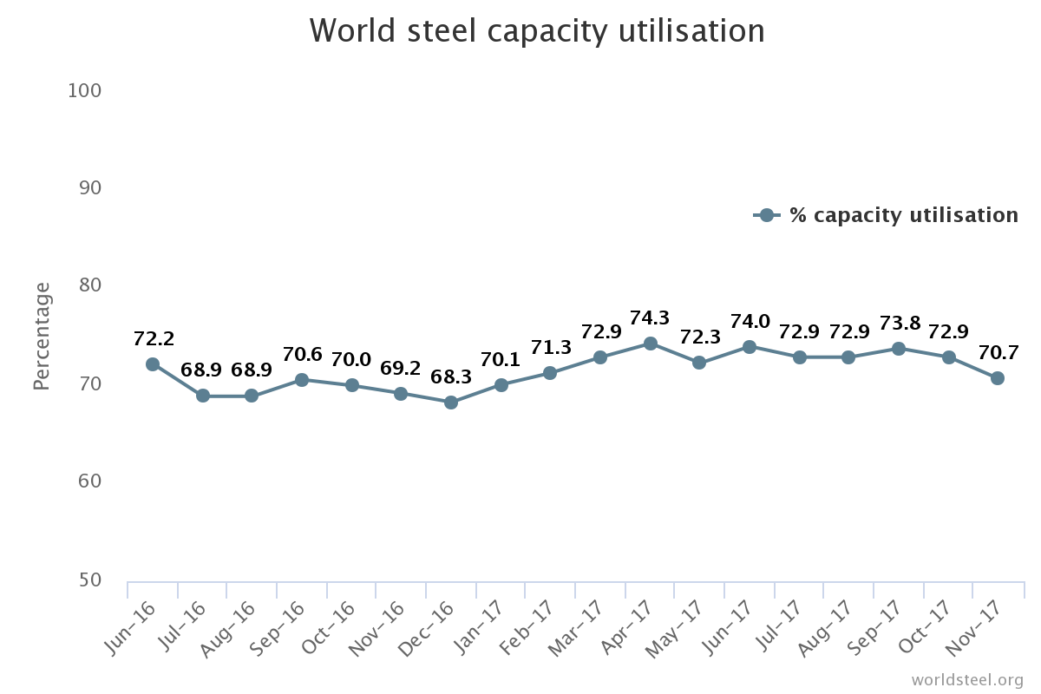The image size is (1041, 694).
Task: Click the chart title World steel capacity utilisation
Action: click(x=537, y=31)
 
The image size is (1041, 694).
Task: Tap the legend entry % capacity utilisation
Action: click(x=902, y=215)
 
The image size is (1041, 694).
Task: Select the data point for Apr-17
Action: click(x=649, y=344)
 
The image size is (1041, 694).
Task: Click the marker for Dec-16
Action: click(x=451, y=403)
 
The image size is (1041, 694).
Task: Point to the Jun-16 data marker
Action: click(x=153, y=364)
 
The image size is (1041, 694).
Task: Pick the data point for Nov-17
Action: click(x=998, y=378)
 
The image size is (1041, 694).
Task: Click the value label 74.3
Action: click(x=649, y=318)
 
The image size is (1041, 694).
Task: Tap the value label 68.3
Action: click(x=451, y=377)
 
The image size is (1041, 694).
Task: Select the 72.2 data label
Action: click(x=154, y=339)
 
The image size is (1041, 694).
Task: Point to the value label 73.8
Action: click(x=899, y=324)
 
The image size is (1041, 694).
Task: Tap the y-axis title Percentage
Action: click(x=42, y=336)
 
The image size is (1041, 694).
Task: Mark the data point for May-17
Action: click(x=699, y=363)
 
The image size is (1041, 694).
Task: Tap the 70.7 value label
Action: click(x=998, y=353)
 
